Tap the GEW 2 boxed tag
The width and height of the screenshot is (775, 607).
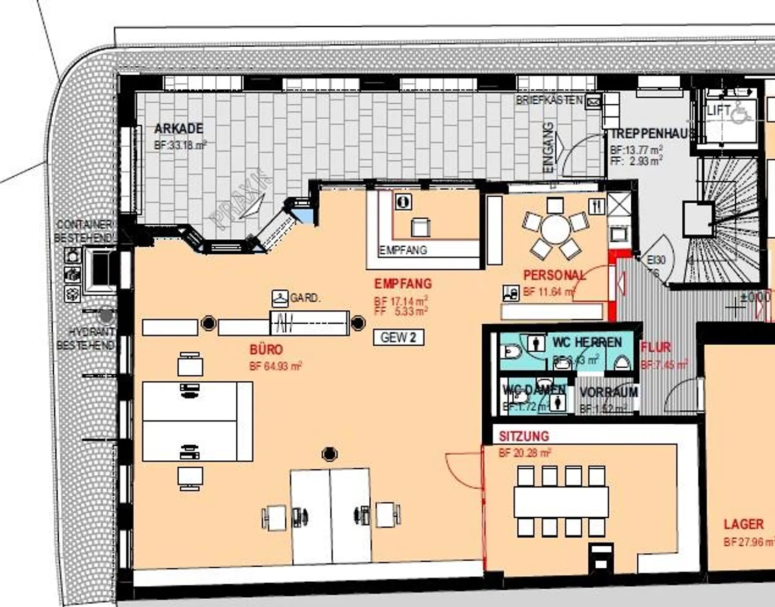coord(398,338)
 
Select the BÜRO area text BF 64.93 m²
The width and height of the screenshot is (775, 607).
coord(276,367)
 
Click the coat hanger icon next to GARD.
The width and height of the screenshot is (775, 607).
coord(279,297)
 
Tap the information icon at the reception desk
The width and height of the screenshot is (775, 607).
coord(403,202)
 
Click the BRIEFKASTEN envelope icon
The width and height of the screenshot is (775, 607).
coord(593,101)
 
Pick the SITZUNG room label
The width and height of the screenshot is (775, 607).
coord(524,436)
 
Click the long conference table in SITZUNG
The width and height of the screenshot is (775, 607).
coord(561,502)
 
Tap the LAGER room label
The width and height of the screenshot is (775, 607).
coord(743,524)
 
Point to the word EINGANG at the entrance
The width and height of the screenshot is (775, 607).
coord(548,148)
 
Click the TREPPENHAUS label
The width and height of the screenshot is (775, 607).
coord(650,134)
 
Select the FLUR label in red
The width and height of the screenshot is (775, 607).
coord(656,347)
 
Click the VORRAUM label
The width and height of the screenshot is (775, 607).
coord(609,392)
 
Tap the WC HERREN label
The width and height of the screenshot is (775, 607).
coord(587,342)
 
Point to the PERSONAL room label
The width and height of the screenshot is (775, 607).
coord(554,275)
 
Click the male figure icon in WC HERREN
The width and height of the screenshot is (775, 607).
coord(533,343)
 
